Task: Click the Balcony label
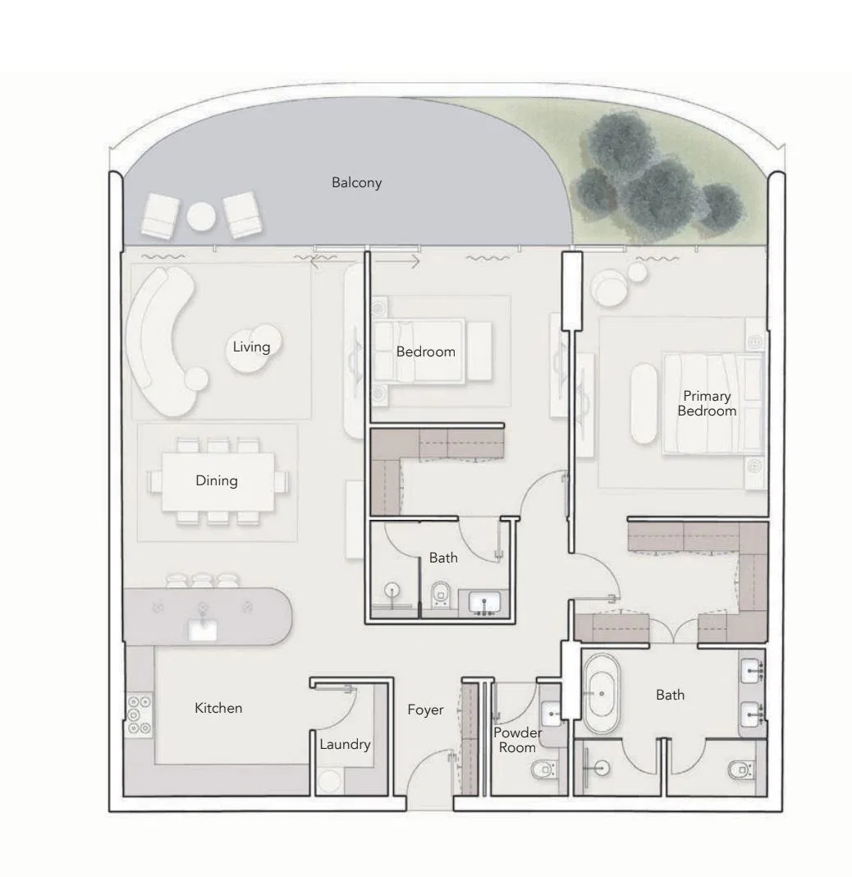point(357,183)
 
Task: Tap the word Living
point(251,347)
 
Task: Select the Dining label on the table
point(217,481)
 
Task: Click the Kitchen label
point(218,708)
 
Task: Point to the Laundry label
point(345,745)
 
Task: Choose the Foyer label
point(425,710)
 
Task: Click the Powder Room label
point(517,740)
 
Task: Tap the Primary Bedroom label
point(707,403)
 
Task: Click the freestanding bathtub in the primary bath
point(602,694)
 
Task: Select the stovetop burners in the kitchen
point(139,714)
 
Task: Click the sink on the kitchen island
point(203,631)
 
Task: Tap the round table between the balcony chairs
point(201,217)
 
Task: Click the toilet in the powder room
point(544,770)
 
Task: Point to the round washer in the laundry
point(329,782)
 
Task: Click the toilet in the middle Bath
point(441,595)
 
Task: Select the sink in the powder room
point(552,714)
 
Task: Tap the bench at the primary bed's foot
point(644,404)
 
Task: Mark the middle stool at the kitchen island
point(203,580)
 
